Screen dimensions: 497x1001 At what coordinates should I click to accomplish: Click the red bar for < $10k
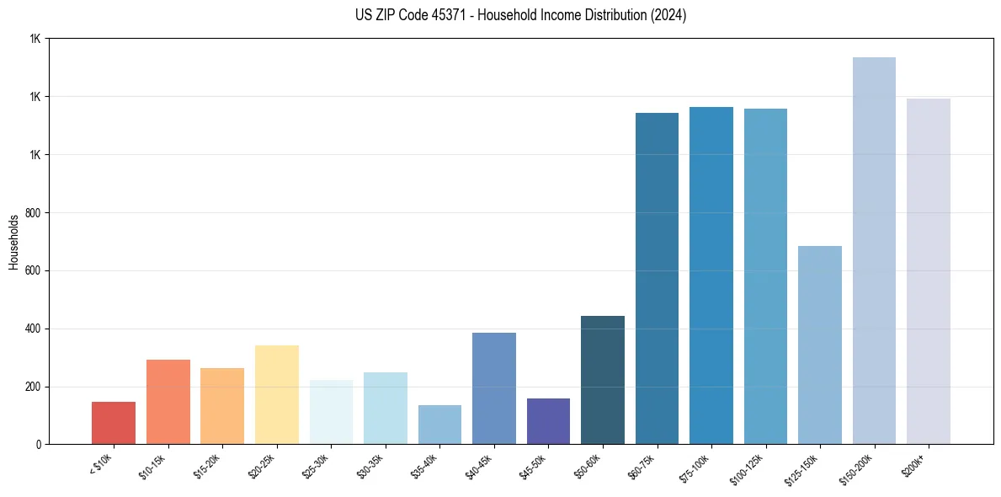click(114, 423)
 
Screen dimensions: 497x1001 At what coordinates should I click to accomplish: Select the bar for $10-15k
click(168, 402)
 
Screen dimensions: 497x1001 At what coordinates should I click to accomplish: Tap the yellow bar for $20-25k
click(276, 394)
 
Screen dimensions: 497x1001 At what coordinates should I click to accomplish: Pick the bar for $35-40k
click(439, 425)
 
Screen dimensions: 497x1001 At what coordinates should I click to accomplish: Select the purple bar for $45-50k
click(548, 421)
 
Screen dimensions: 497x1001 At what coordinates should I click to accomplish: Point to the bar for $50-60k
click(602, 380)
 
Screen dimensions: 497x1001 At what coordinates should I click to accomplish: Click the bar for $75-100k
click(711, 275)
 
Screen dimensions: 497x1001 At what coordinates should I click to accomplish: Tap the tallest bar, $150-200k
click(874, 250)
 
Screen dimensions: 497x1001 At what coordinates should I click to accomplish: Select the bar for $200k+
click(928, 271)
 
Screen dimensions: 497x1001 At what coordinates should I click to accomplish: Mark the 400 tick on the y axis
click(35, 329)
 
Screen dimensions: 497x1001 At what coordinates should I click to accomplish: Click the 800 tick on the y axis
click(35, 212)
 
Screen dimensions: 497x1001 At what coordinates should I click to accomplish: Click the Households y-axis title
click(14, 242)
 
